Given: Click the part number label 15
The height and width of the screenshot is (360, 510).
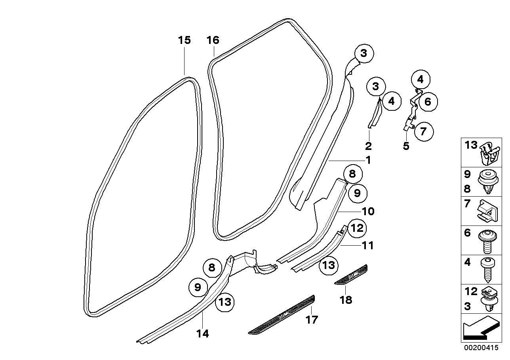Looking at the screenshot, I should click(184, 40).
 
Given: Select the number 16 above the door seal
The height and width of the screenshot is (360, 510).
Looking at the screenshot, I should click(213, 40).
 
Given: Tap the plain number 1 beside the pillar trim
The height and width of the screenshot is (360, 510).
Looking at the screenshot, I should click(368, 161).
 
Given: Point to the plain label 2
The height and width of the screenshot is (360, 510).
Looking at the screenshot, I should click(368, 146).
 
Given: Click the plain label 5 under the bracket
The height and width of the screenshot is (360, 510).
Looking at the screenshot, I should click(406, 146).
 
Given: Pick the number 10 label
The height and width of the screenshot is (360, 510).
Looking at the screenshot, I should click(368, 212).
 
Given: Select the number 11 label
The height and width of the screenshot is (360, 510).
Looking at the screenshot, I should click(368, 246).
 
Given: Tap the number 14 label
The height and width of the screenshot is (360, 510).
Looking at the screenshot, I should click(202, 334).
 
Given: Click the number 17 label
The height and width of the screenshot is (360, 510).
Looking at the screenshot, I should click(312, 320).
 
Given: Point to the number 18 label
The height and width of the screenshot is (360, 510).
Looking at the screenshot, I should click(346, 300).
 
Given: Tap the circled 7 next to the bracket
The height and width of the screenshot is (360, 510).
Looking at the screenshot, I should click(424, 131).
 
